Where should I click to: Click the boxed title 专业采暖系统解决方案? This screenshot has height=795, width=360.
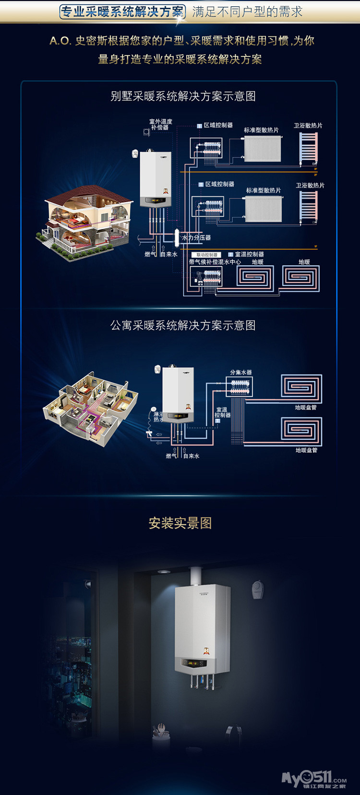pyautogui.click(x=122, y=12)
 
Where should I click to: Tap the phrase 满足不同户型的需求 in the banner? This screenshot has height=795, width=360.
pyautogui.click(x=247, y=12)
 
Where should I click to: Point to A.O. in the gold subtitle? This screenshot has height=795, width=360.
pyautogui.click(x=60, y=41)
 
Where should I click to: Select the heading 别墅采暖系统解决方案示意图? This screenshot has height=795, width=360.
pyautogui.click(x=183, y=96)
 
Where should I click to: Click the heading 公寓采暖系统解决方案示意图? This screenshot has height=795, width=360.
pyautogui.click(x=183, y=325)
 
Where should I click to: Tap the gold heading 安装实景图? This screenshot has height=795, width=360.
pyautogui.click(x=180, y=523)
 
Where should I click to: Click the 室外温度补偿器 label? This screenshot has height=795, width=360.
pyautogui.click(x=160, y=124)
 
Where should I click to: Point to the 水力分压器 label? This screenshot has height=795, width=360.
pyautogui.click(x=196, y=238)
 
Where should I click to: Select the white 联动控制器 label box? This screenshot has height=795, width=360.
pyautogui.click(x=206, y=254)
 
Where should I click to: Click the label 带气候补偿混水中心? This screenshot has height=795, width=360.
pyautogui.click(x=215, y=262)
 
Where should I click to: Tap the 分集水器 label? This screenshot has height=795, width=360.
pyautogui.click(x=240, y=373)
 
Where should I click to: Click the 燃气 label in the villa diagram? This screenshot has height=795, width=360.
pyautogui.click(x=150, y=254)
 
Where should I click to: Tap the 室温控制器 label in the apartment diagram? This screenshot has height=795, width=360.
pyautogui.click(x=222, y=412)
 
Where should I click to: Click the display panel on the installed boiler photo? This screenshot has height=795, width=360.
pyautogui.click(x=194, y=663)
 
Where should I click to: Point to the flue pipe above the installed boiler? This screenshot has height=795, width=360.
pyautogui.click(x=196, y=576)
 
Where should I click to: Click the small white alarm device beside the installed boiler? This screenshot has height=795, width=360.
pyautogui.click(x=257, y=589)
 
